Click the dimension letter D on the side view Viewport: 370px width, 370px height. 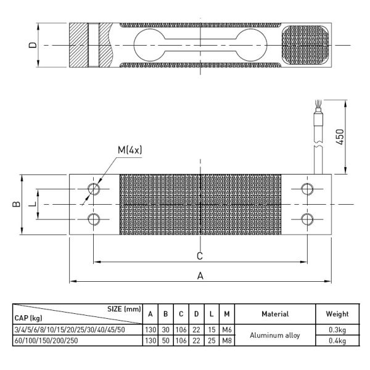(33, 45)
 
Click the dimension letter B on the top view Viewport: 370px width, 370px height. (17, 203)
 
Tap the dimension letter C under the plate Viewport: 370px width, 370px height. (200, 255)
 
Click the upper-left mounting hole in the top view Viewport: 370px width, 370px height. (94, 189)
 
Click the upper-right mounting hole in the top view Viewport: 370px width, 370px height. (306, 189)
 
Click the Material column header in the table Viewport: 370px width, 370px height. (275, 314)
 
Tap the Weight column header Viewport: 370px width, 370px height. (337, 314)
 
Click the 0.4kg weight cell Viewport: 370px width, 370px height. (337, 340)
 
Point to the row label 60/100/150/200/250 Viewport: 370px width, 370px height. (46, 340)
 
